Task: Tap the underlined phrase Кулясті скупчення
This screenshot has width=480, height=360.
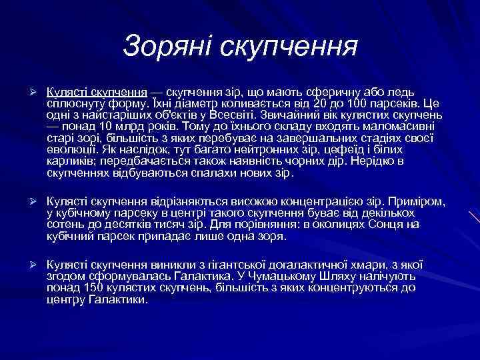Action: point(97,92)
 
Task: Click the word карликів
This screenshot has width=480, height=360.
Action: point(69,161)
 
